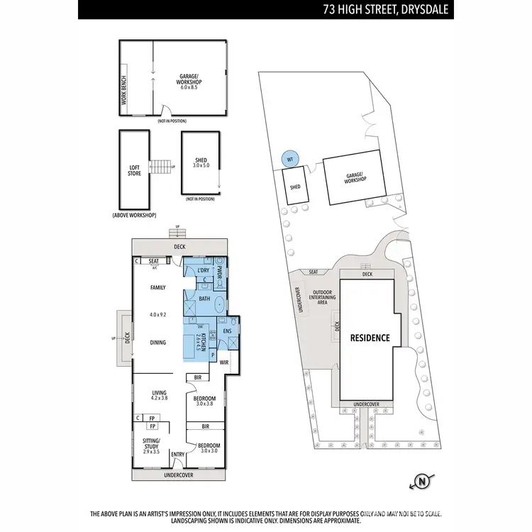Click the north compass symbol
pyautogui.click(x=423, y=482)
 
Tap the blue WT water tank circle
pyautogui.click(x=289, y=160)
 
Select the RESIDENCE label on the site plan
pyautogui.click(x=370, y=338)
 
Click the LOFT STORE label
pyautogui.click(x=134, y=170)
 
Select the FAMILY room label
pyautogui.click(x=157, y=287)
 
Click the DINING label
pyautogui.click(x=157, y=343)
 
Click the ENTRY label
pyautogui.click(x=178, y=455)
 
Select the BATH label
pyautogui.click(x=204, y=299)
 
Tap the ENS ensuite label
pyautogui.click(x=228, y=331)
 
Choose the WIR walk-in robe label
pyautogui.click(x=224, y=362)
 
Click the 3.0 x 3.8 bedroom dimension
pyautogui.click(x=205, y=404)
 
